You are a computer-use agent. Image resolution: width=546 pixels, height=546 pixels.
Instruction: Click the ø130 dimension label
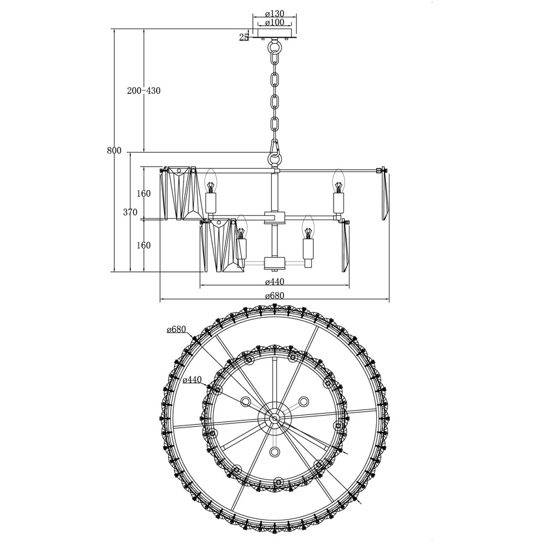(275, 14)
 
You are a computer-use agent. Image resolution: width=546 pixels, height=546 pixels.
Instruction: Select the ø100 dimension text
(275, 22)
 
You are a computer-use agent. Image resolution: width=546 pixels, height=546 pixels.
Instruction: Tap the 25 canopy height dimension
(244, 37)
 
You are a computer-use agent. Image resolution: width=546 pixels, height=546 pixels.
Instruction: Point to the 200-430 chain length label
(144, 91)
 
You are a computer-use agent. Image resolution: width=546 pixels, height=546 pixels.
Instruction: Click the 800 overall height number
(114, 151)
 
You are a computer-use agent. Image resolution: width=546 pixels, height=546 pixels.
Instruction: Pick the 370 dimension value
(130, 212)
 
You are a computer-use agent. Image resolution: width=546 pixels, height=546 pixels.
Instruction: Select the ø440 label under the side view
(275, 281)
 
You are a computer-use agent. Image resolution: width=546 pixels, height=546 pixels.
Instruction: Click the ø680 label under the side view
(275, 295)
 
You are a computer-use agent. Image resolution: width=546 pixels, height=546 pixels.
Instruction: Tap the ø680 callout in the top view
(176, 329)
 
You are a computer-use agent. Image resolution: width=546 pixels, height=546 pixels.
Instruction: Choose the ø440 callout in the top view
(192, 379)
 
